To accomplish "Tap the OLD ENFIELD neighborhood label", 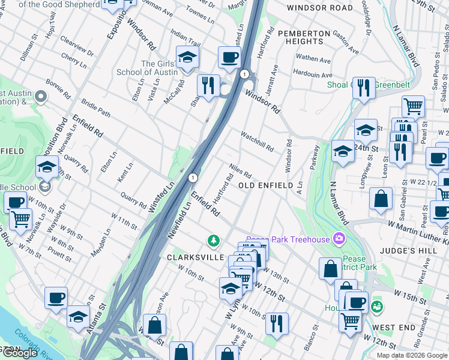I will pos(270,186).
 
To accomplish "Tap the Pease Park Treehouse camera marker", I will pos(340,239).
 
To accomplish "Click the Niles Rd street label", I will pos(240,170).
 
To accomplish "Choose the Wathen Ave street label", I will pos(313,59).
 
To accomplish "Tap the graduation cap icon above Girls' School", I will pos(187,58).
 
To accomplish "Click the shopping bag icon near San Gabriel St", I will pos(381,199).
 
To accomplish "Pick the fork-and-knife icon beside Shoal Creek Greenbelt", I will pos(363,89).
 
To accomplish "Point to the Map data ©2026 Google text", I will pos(411,355).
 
